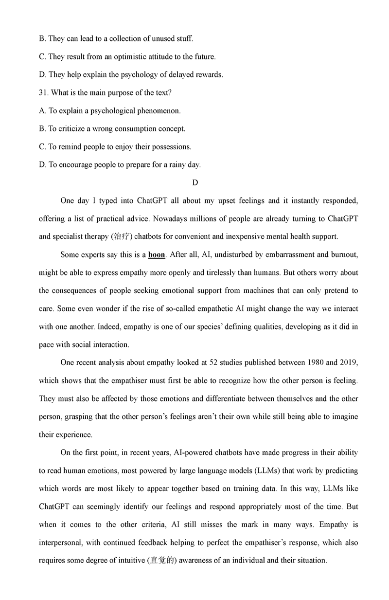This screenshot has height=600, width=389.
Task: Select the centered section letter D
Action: click(x=195, y=182)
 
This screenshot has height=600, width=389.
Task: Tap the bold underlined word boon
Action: click(x=156, y=255)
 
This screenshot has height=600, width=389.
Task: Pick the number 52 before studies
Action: click(x=212, y=363)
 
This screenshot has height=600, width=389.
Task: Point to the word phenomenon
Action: click(x=157, y=110)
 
